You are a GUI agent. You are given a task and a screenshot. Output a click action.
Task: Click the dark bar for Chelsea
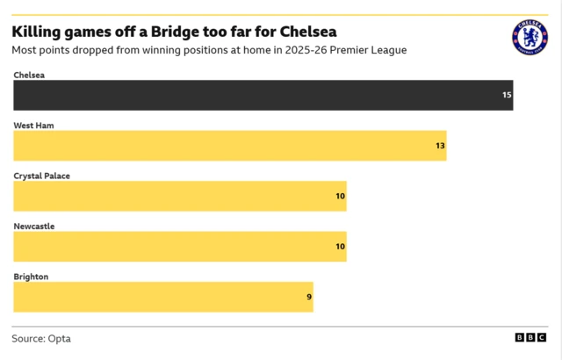pyautogui.click(x=263, y=95)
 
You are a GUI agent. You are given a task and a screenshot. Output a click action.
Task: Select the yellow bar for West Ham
pyautogui.click(x=229, y=146)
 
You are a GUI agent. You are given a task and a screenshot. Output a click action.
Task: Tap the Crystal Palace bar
pyautogui.click(x=179, y=196)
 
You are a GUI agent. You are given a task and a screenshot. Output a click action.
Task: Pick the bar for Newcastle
pyautogui.click(x=179, y=247)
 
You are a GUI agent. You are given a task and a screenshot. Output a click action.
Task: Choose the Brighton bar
pyautogui.click(x=162, y=297)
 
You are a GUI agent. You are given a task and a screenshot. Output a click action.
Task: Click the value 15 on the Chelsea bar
pyautogui.click(x=507, y=95)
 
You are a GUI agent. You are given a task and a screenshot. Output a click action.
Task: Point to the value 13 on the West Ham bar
pyautogui.click(x=440, y=146)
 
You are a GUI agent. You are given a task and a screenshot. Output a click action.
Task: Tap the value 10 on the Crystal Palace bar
pyautogui.click(x=340, y=196)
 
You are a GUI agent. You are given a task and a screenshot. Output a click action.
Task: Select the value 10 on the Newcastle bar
pyautogui.click(x=340, y=247)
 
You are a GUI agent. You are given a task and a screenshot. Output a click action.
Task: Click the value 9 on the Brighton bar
pyautogui.click(x=308, y=297)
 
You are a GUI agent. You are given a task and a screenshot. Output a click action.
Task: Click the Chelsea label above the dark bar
pyautogui.click(x=29, y=76)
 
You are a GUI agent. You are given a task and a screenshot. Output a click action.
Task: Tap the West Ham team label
pyautogui.click(x=33, y=126)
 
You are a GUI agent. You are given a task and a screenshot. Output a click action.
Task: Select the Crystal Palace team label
pyautogui.click(x=41, y=176)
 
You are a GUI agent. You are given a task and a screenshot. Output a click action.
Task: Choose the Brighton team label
pyautogui.click(x=31, y=277)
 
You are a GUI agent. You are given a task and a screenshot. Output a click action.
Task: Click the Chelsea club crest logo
pyautogui.click(x=530, y=38)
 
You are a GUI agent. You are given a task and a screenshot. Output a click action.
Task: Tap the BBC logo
pyautogui.click(x=530, y=338)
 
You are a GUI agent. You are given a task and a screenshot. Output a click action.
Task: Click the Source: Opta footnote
pyautogui.click(x=41, y=338)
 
